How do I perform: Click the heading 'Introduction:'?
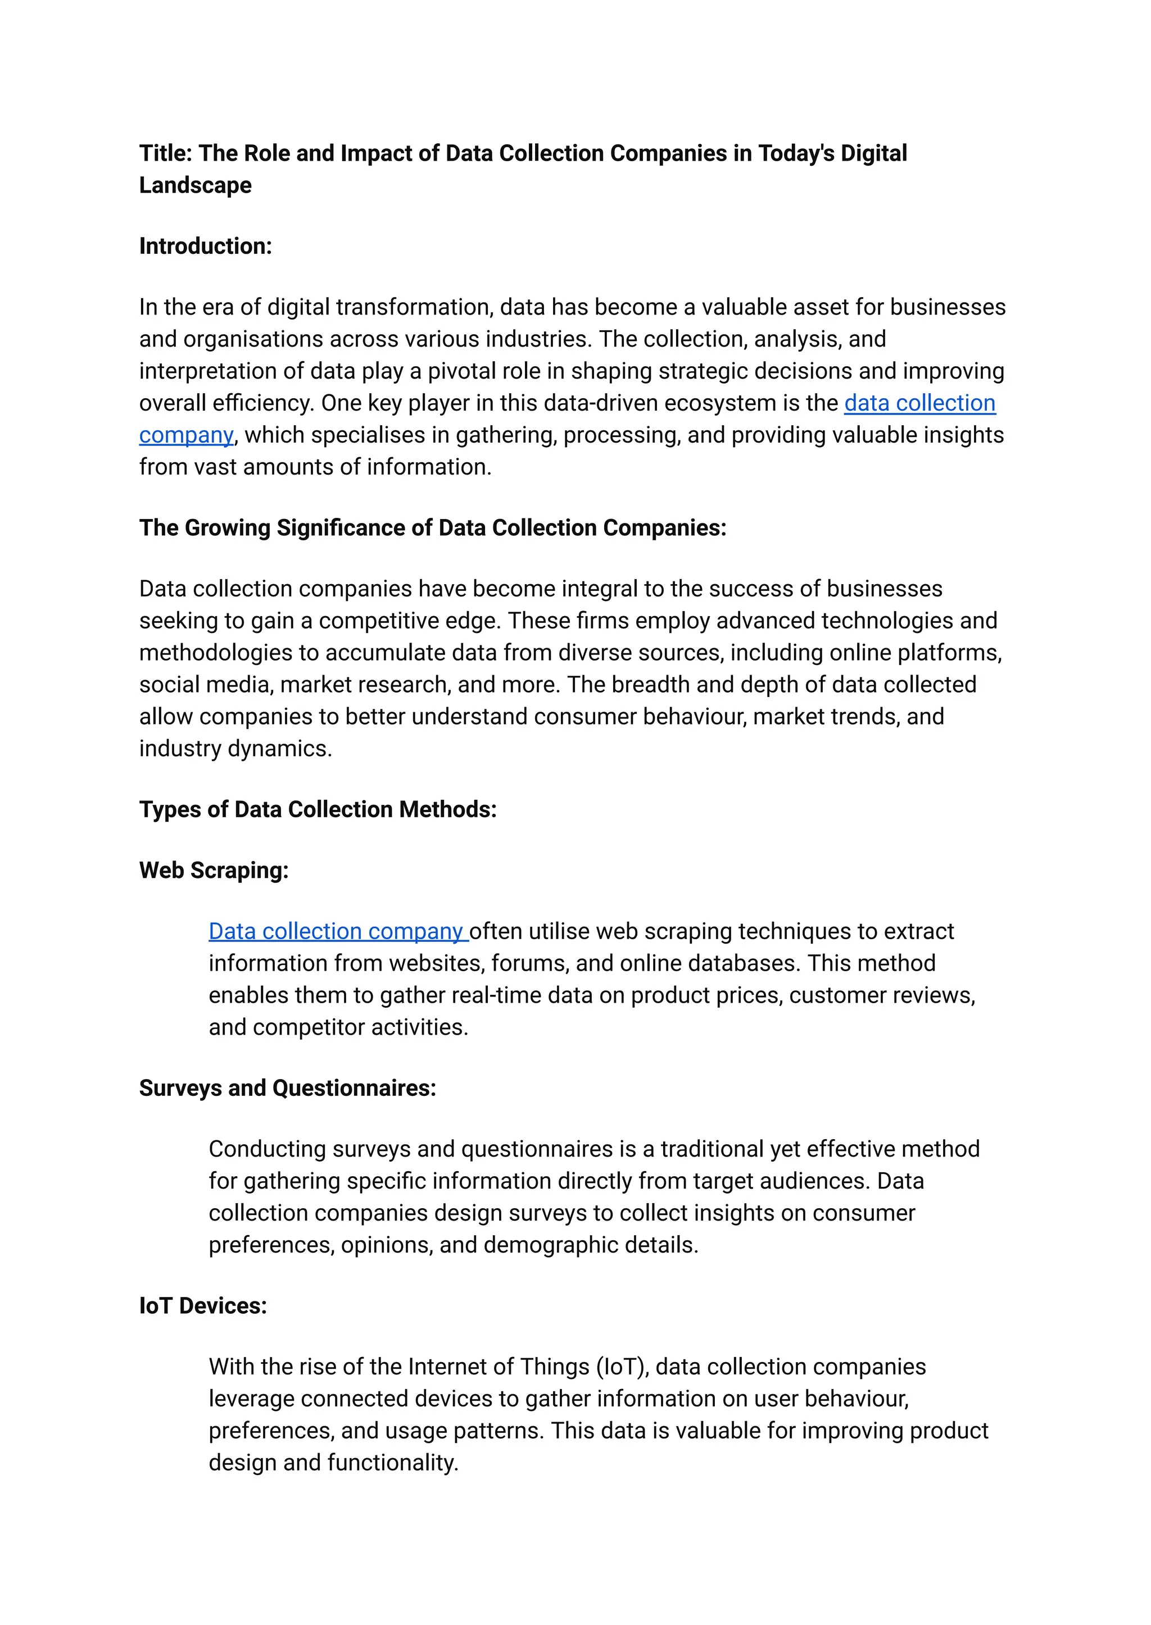coord(206,246)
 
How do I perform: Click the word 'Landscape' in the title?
coord(196,185)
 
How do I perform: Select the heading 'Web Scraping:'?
coord(214,870)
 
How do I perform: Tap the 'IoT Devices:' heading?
coord(203,1305)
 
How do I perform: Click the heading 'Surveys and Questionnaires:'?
coord(288,1087)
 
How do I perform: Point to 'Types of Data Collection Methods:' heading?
coord(318,809)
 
